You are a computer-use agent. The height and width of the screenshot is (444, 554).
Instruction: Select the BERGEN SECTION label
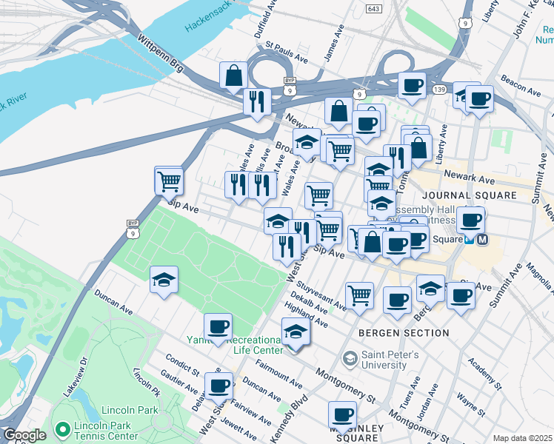(x=404, y=333)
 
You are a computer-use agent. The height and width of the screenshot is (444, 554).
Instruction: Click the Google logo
(x=24, y=436)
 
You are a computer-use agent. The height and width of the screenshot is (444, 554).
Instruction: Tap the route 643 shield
(x=374, y=7)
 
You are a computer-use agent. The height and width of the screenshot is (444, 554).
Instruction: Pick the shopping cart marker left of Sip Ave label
(x=169, y=179)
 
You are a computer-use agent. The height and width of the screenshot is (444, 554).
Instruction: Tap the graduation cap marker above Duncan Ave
(x=164, y=280)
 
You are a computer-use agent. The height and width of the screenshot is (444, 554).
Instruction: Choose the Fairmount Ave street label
(x=278, y=375)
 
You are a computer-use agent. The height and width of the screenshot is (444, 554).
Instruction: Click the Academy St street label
(x=488, y=376)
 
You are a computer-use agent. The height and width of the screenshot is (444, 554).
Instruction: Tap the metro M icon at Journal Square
(x=482, y=240)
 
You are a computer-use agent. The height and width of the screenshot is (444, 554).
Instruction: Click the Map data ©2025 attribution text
(x=522, y=438)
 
